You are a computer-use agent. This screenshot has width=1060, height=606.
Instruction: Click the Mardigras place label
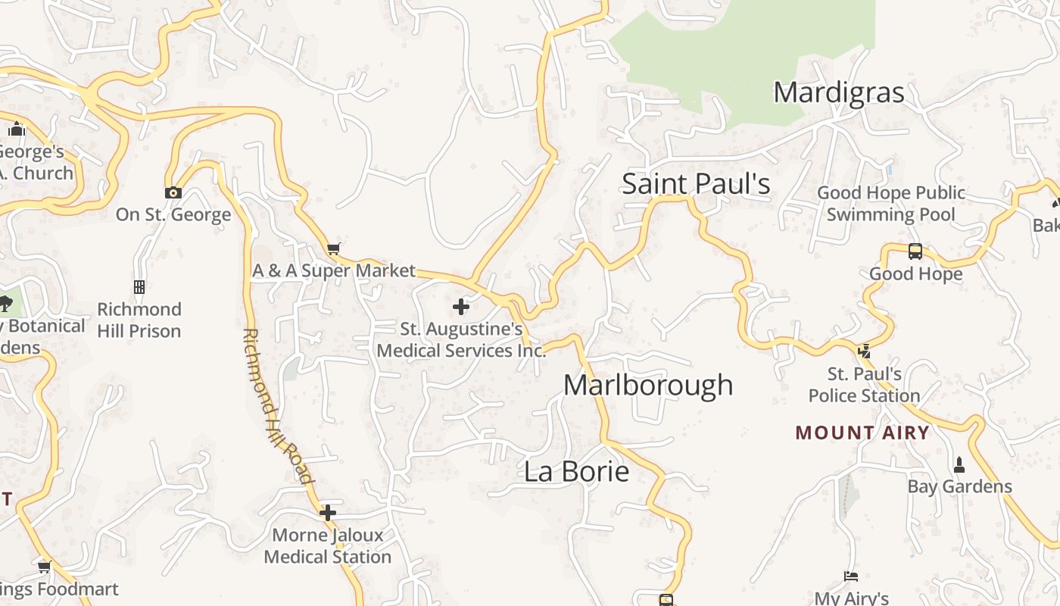pos(838,92)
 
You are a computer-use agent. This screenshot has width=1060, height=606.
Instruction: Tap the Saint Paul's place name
pos(696,184)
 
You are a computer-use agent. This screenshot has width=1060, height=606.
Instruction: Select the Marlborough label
pos(648,385)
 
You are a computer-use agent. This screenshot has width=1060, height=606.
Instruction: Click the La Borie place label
pos(576,471)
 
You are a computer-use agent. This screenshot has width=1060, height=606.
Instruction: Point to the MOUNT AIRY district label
pos(862,433)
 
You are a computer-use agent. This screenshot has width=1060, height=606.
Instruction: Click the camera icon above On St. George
pos(173,192)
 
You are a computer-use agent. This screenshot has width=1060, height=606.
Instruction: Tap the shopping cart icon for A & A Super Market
pos(333,248)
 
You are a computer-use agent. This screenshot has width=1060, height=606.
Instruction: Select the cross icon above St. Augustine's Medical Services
pos(460,307)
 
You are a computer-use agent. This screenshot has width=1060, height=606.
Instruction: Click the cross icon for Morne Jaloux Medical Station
pos(327,513)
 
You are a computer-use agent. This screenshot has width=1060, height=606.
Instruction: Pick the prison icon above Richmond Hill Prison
pos(139,287)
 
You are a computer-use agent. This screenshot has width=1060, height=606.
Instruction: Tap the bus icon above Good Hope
pos(915,251)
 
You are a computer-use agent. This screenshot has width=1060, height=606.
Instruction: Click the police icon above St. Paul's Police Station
pos(864,351)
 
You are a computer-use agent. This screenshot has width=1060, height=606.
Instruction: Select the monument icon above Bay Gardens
pos(959,464)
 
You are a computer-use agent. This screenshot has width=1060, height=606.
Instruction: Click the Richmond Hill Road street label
pos(276,405)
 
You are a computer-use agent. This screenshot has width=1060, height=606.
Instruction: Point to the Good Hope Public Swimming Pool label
pos(890,204)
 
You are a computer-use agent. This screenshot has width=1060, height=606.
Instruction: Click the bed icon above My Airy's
pos(851,576)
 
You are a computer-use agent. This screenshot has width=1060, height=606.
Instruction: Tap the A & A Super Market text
pos(334,270)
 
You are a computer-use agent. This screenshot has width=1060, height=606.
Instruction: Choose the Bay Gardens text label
pos(959,486)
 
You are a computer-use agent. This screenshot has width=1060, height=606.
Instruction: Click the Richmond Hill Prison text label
pos(139,320)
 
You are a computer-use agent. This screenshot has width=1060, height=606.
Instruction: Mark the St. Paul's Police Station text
pos(864,385)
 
